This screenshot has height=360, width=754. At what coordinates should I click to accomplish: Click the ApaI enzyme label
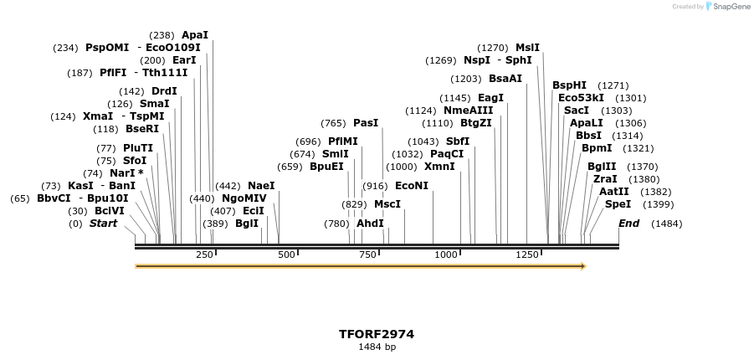pos(195,35)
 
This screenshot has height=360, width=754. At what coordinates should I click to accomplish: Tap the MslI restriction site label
pos(527,48)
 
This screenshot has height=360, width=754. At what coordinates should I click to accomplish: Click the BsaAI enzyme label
pos(505,79)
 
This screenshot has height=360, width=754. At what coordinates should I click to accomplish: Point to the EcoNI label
pos(411,185)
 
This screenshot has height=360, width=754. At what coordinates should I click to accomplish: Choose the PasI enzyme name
pos(366,123)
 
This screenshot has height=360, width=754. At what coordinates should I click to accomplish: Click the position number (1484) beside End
pos(666,224)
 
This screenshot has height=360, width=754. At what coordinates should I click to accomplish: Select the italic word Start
pos(104,224)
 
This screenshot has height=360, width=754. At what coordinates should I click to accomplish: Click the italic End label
pos(628,224)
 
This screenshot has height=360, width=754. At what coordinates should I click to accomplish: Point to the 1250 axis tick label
pos(527,255)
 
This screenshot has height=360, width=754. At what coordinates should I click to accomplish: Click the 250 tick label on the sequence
pos(204,255)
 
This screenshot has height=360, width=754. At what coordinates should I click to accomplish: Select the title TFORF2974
pos(377,334)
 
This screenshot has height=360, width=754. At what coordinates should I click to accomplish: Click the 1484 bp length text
pos(377,347)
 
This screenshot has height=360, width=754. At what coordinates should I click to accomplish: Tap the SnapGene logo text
pos(731,7)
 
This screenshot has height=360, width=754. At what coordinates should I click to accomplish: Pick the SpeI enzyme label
pos(618,204)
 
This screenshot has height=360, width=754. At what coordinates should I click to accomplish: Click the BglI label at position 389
pos(247,224)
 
